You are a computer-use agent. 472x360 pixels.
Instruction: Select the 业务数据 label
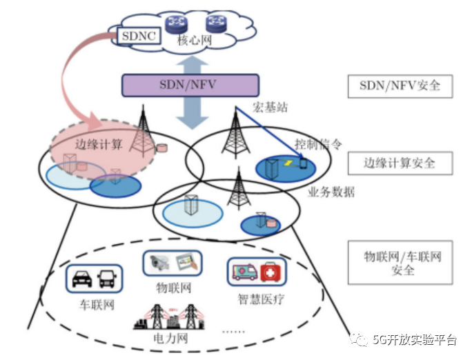coord(331,192)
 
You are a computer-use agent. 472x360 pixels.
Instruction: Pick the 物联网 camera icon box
coord(173,263)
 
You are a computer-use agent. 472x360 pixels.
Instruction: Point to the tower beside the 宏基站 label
coord(235,131)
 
